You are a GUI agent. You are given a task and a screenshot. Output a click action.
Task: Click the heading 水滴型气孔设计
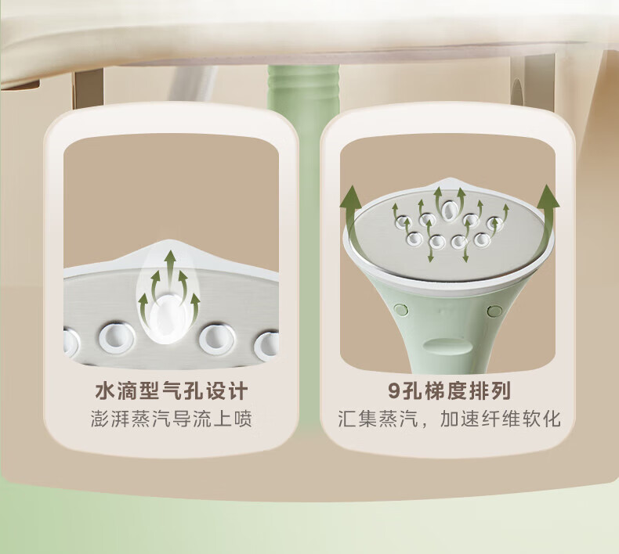tap(172, 390)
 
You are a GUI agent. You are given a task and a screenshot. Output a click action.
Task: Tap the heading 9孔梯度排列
tap(449, 390)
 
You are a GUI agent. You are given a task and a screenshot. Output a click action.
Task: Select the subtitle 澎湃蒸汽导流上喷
tap(172, 419)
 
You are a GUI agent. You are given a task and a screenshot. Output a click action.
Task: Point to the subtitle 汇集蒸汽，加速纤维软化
tap(449, 419)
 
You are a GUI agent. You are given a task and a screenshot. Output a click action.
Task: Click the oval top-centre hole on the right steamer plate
tap(449, 210)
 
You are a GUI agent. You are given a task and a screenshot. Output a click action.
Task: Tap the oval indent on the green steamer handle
tap(447, 345)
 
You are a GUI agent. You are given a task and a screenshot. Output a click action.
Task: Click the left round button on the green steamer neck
tap(401, 309)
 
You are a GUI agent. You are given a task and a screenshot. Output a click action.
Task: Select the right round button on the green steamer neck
tap(494, 311)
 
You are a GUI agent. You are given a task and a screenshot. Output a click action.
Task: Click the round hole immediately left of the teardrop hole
tap(117, 337)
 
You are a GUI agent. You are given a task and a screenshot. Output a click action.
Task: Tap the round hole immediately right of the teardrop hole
tap(217, 338)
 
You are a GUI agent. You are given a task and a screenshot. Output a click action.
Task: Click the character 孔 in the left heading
tap(193, 390)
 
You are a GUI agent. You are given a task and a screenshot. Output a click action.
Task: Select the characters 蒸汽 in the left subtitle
tap(150, 419)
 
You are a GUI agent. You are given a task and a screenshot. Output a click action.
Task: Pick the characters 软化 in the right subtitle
tap(541, 419)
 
